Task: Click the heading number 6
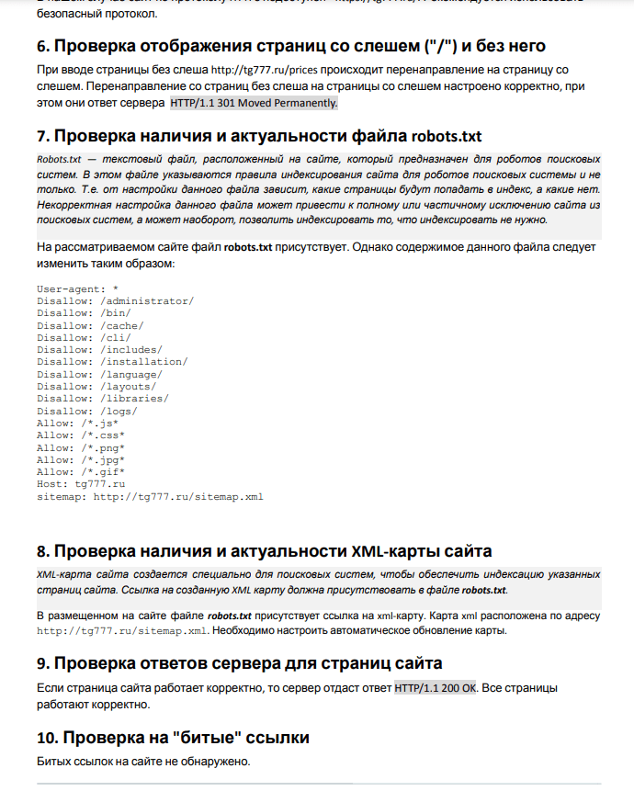pos(43,46)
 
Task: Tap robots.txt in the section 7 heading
pos(447,137)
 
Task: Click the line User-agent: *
pos(77,288)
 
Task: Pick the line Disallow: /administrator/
pos(115,300)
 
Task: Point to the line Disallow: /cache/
pos(90,325)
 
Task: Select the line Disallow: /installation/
pos(112,362)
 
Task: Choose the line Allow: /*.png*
pos(82,447)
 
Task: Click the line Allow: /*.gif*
pos(82,472)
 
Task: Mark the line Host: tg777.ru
pos(81,484)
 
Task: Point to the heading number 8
pos(43,551)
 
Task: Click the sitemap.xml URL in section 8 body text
pos(122,631)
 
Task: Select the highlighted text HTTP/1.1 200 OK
pos(436,687)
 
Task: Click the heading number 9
pos(43,663)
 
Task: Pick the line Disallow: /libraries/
pos(103,399)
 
